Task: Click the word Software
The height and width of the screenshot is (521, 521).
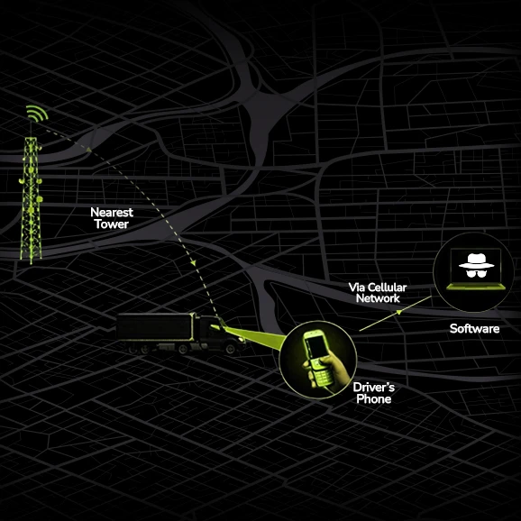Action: [474, 329]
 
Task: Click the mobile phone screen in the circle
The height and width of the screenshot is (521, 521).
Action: [315, 345]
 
